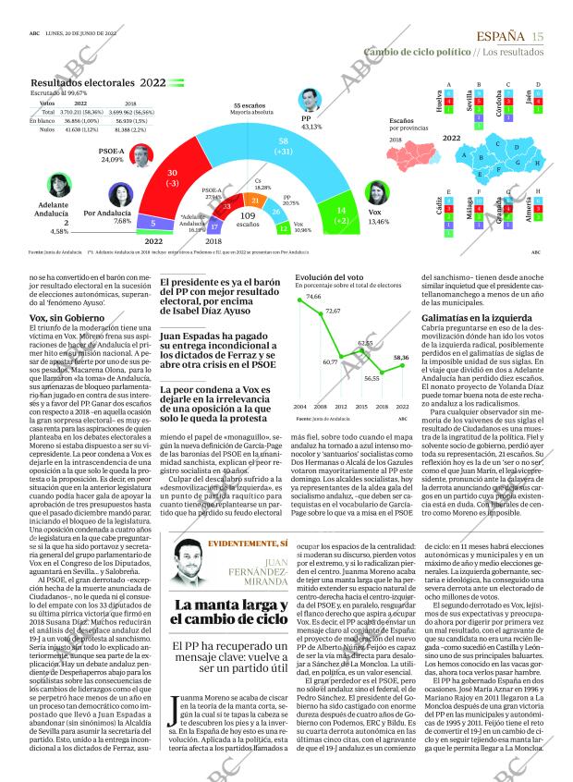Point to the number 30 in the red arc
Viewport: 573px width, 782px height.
(172, 174)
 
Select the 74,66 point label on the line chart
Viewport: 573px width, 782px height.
(300, 297)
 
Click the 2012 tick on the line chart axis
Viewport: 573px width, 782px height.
(341, 406)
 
